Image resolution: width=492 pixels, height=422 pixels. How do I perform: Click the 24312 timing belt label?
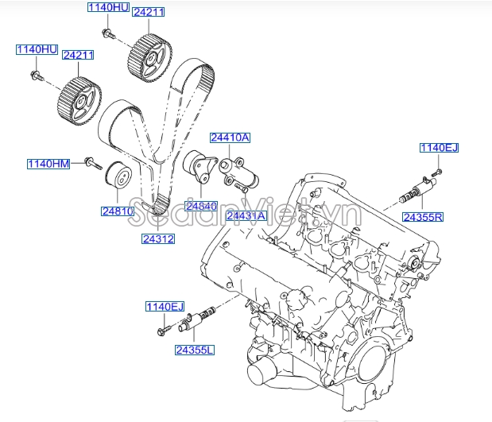[158, 238]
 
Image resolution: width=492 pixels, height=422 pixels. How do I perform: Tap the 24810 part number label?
[117, 211]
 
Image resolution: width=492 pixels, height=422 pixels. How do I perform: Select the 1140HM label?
[49, 164]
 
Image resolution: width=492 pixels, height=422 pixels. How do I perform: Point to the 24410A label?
[230, 137]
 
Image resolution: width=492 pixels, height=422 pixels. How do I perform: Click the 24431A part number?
[245, 215]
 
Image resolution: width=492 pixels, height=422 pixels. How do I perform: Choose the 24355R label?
[422, 216]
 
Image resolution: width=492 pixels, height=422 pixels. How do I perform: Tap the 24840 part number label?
[201, 206]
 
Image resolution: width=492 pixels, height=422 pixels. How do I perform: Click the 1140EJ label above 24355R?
[440, 148]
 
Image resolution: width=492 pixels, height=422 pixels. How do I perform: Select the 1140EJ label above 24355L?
[164, 307]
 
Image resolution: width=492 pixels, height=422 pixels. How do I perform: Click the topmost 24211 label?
[148, 12]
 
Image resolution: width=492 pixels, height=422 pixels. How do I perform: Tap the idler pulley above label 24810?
[119, 177]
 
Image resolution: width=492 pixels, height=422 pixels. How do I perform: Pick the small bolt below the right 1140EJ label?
[436, 169]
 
